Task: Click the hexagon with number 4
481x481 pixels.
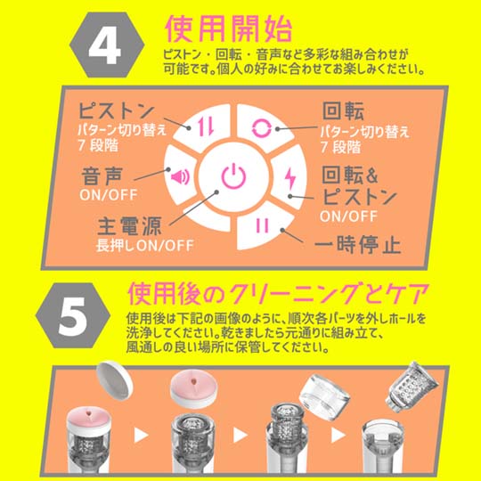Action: click(107, 45)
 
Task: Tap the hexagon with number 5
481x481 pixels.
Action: click(73, 315)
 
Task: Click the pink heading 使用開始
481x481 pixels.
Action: click(229, 29)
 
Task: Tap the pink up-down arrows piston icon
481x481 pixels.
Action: click(206, 126)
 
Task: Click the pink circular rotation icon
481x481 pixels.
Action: click(261, 128)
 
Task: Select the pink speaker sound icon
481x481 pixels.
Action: click(180, 177)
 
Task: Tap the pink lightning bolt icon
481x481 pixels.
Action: click(290, 177)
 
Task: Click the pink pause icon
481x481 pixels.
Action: click(262, 225)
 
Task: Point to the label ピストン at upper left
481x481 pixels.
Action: click(116, 110)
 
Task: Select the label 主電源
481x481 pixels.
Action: click(129, 225)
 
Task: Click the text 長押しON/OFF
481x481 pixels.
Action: click(145, 246)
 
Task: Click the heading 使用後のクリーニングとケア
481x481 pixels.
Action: click(278, 293)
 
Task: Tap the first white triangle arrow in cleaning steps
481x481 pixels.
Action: click(141, 435)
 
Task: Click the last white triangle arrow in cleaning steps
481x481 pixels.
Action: click(338, 435)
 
